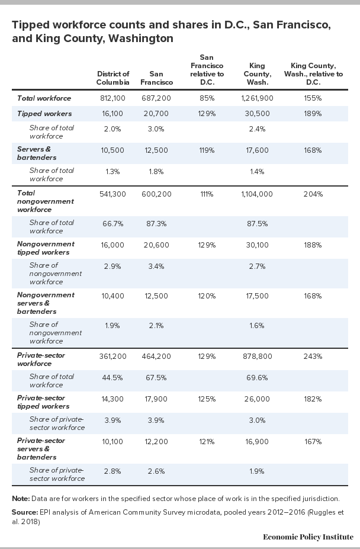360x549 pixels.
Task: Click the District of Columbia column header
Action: click(x=112, y=78)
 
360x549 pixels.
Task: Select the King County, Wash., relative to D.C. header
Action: click(x=313, y=74)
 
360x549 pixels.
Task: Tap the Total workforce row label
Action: click(x=44, y=98)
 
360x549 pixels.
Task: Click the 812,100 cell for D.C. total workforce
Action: click(x=112, y=98)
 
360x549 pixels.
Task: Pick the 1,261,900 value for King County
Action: click(x=257, y=98)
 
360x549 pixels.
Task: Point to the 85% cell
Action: click(x=207, y=98)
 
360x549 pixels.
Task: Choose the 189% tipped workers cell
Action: click(x=313, y=114)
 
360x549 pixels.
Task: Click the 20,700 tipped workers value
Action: click(x=156, y=114)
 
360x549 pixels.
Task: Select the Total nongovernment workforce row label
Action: click(x=46, y=201)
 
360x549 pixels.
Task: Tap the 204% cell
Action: click(x=313, y=194)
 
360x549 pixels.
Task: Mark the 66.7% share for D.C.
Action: click(x=112, y=224)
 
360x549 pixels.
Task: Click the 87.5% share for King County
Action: click(x=257, y=224)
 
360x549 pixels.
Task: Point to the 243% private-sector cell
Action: click(x=313, y=357)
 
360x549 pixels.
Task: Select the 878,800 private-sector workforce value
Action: click(x=257, y=357)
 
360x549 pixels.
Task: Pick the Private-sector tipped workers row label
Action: click(x=43, y=402)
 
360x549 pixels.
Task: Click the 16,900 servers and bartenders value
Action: click(x=257, y=442)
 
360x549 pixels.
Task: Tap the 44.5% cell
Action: click(x=112, y=378)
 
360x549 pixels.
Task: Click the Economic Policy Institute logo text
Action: click(x=308, y=537)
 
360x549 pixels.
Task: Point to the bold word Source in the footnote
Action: click(x=24, y=512)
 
